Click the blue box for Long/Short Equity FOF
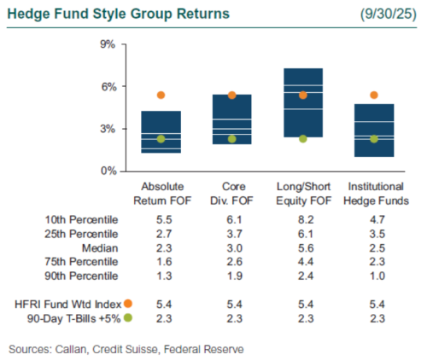coord(303,102)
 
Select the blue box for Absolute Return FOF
coord(161,132)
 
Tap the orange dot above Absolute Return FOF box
coord(161,96)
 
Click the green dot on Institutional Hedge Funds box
coord(374,139)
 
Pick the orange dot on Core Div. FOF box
coord(232,96)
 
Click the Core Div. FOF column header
coord(232,191)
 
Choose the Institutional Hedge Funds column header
coord(374,191)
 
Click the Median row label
coord(99,247)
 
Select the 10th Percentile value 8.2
coord(302,219)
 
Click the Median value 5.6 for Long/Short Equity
coord(302,247)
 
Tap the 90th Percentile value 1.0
coord(374,275)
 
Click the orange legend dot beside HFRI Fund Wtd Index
coord(127,303)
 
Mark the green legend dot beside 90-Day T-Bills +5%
coord(127,317)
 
